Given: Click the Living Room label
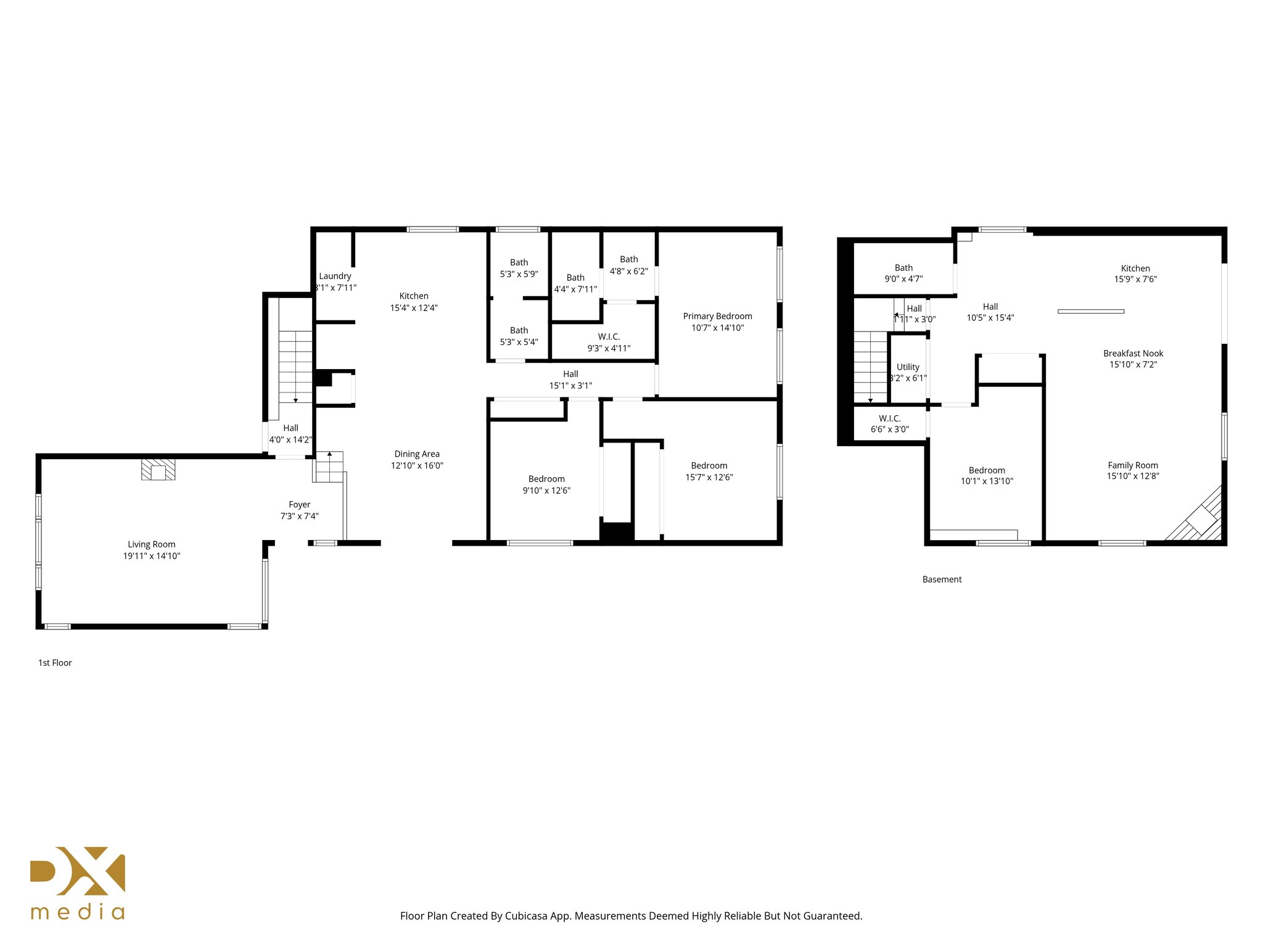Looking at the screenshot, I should click(x=151, y=544).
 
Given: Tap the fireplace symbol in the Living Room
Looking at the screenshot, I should click(x=158, y=470).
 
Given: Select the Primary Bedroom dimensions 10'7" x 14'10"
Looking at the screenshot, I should click(x=717, y=328).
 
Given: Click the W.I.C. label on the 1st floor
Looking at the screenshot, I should click(x=609, y=337).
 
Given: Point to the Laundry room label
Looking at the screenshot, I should click(x=335, y=276).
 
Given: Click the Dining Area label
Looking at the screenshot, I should click(x=417, y=454).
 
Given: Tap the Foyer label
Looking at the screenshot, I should click(x=299, y=505).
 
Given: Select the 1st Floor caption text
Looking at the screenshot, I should click(x=55, y=663).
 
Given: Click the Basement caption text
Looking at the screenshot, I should click(x=942, y=580).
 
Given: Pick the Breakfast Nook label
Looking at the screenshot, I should click(x=1133, y=354).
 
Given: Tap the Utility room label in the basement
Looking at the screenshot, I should click(x=908, y=367).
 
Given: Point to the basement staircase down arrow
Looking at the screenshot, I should click(x=870, y=399).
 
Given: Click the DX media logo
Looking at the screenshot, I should click(x=78, y=883).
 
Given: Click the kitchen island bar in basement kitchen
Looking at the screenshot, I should click(x=1090, y=312).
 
